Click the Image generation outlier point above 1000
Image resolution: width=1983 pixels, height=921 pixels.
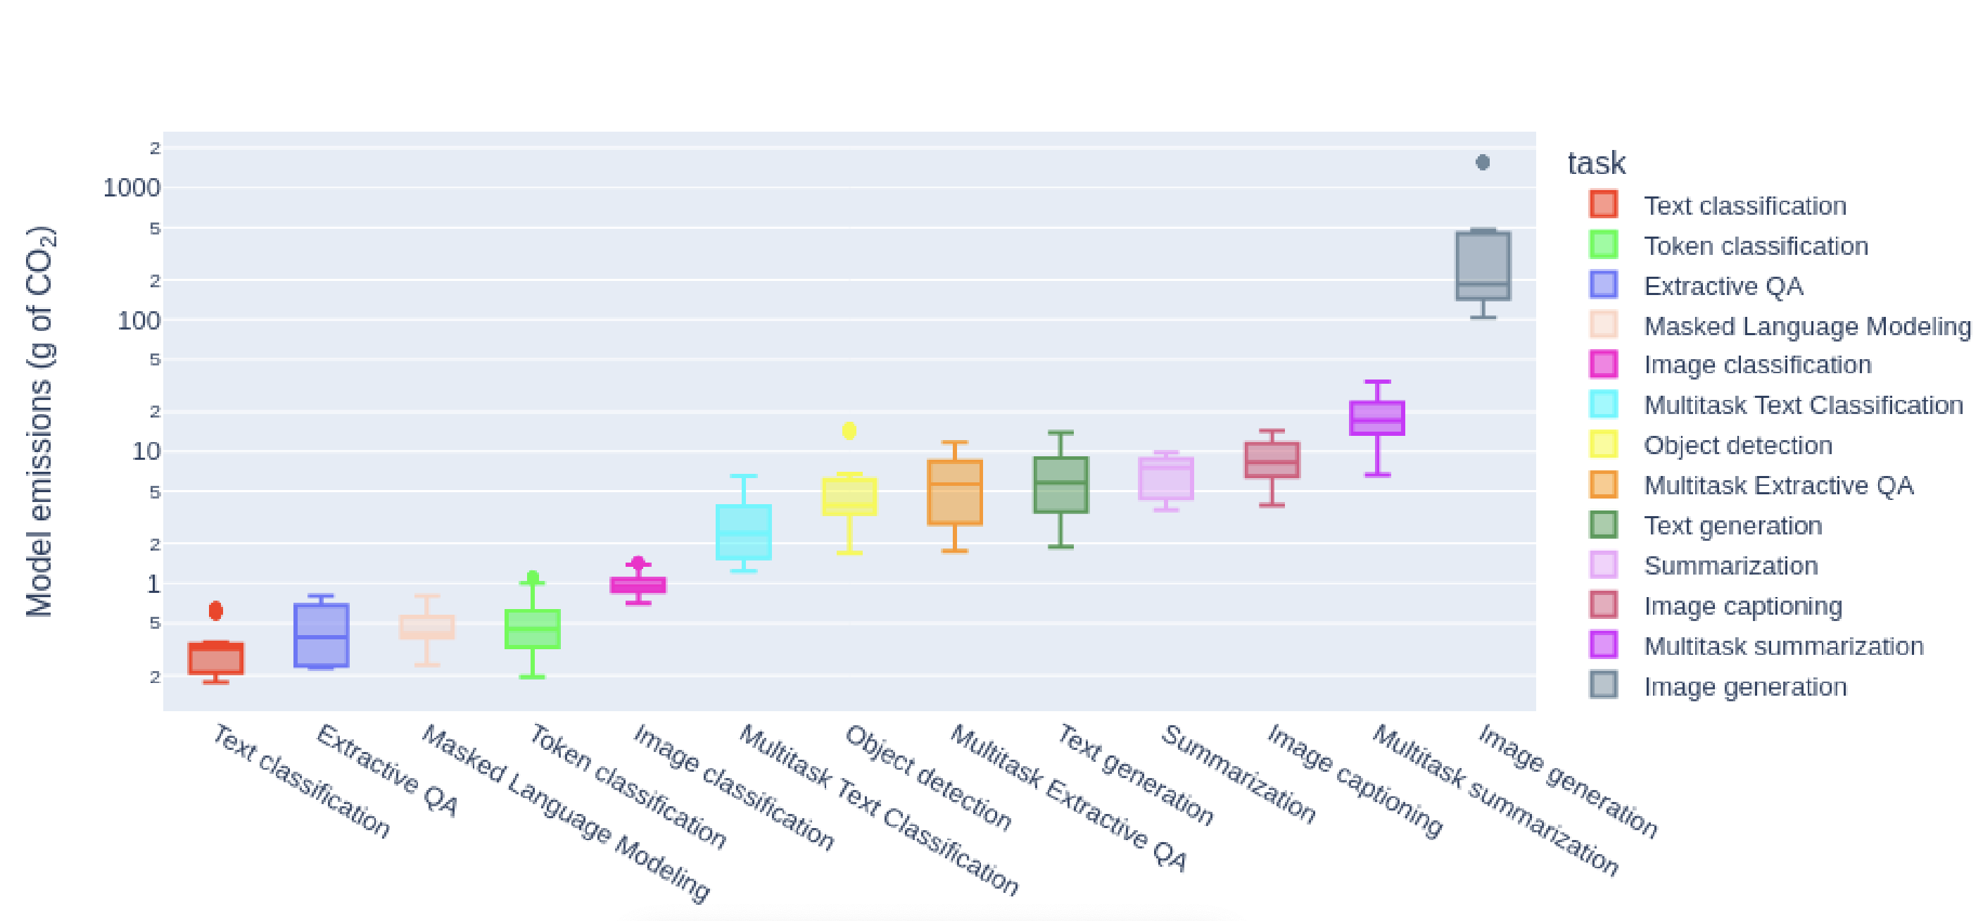1483,163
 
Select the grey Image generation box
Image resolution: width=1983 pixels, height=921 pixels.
1483,265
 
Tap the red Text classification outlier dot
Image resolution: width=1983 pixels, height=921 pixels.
216,610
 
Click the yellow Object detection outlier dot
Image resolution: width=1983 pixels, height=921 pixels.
849,430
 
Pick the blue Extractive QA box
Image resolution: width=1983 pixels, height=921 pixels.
321,634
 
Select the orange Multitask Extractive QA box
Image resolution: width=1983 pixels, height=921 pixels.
954,493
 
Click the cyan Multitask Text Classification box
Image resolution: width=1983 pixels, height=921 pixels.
744,532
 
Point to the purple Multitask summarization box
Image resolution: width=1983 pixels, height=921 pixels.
1377,418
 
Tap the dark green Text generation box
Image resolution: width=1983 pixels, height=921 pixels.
1060,484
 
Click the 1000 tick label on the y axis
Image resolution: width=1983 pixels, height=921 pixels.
132,188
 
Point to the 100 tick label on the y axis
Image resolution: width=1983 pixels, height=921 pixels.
139,320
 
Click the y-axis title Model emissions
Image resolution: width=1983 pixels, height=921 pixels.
39,421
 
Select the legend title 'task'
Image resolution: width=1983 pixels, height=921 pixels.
1597,163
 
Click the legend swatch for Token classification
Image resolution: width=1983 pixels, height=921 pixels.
1604,245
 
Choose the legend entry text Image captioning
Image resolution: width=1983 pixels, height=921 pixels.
1743,606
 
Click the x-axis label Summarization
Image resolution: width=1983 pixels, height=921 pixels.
1238,773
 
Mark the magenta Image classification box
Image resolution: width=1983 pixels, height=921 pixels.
638,585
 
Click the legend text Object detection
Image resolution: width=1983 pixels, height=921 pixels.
1738,445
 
